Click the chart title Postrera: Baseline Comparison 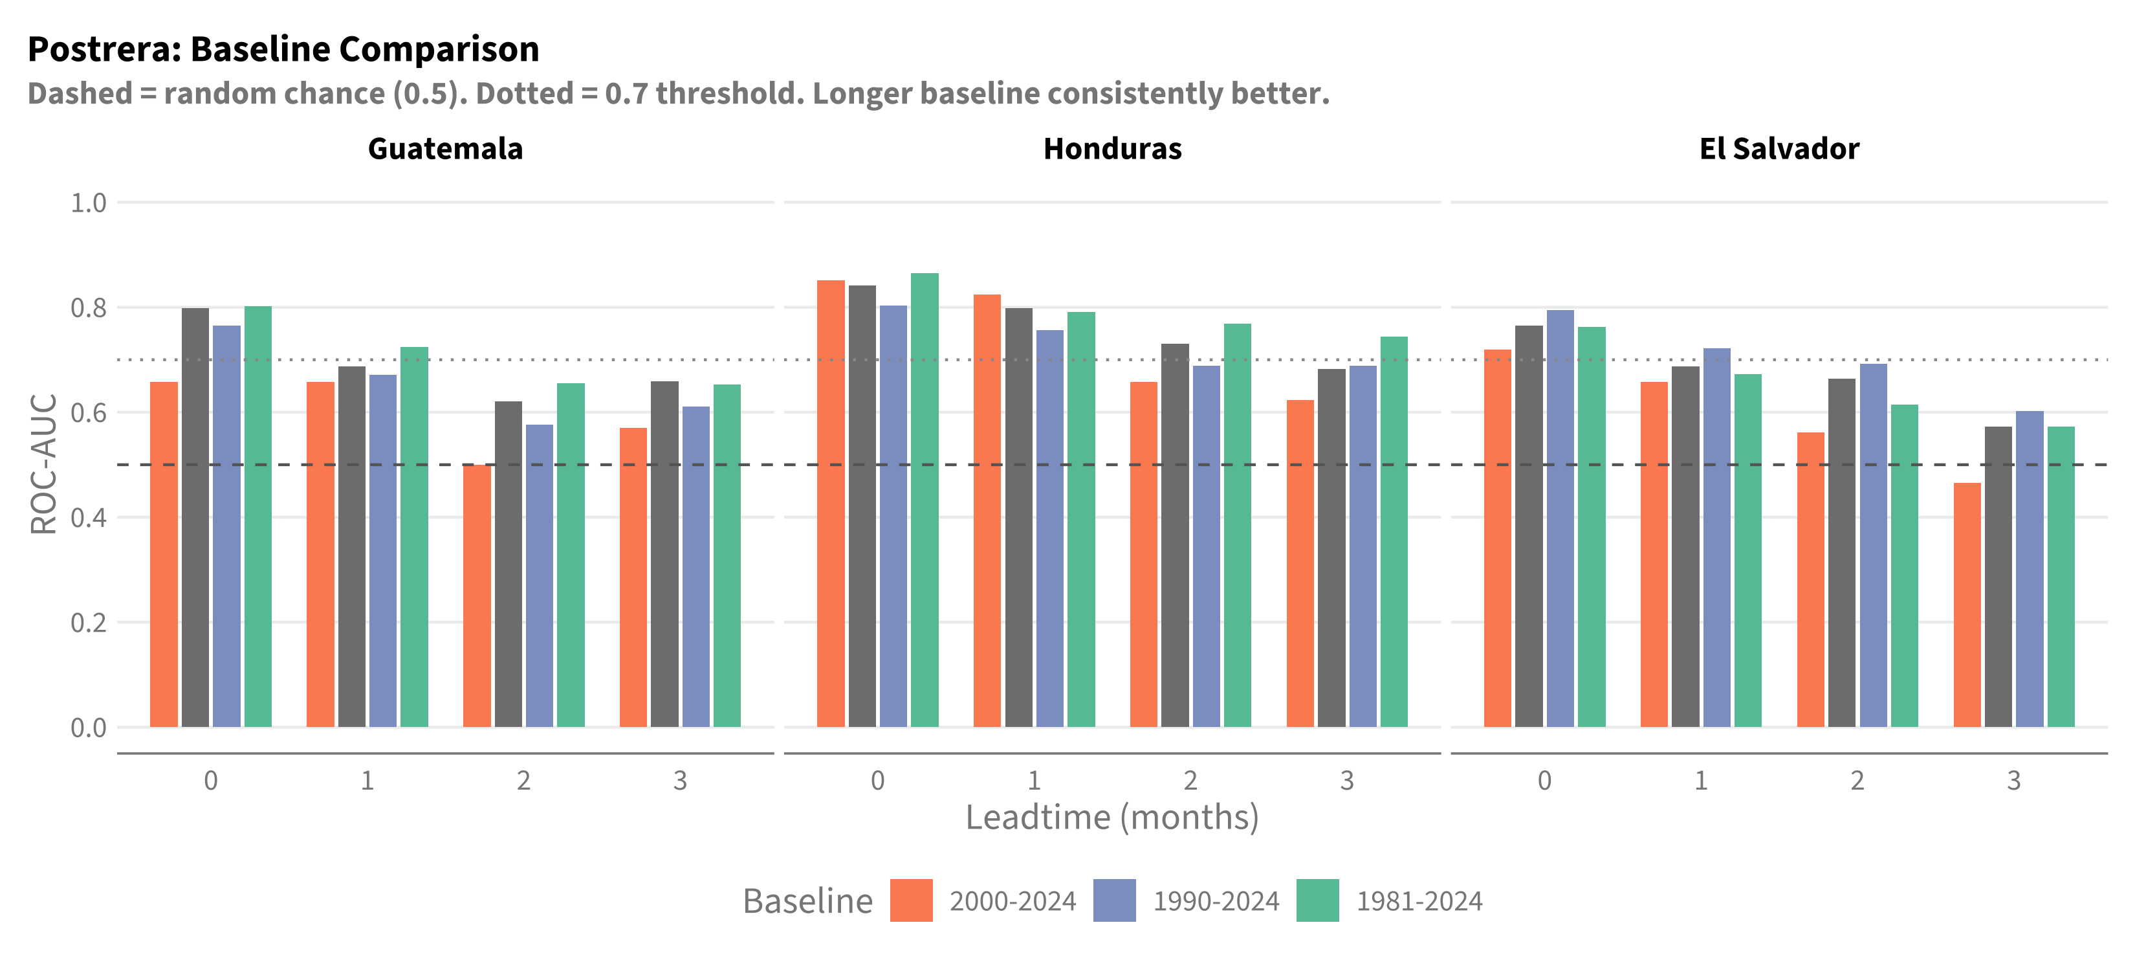(x=283, y=49)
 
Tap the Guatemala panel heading (x=445, y=148)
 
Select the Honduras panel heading (x=1112, y=148)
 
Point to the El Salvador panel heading (x=1779, y=148)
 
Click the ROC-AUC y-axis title (x=43, y=463)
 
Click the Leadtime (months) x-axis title (x=1112, y=818)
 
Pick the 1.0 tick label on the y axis (x=89, y=203)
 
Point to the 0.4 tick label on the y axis (x=89, y=517)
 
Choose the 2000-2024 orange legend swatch (x=911, y=900)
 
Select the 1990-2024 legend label (x=1216, y=901)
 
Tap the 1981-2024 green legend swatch (x=1318, y=900)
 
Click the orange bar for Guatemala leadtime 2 (x=477, y=596)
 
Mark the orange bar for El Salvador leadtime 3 (x=1967, y=605)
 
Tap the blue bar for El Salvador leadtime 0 (x=1560, y=519)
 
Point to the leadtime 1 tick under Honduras (x=1035, y=780)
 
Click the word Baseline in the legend (x=808, y=901)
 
